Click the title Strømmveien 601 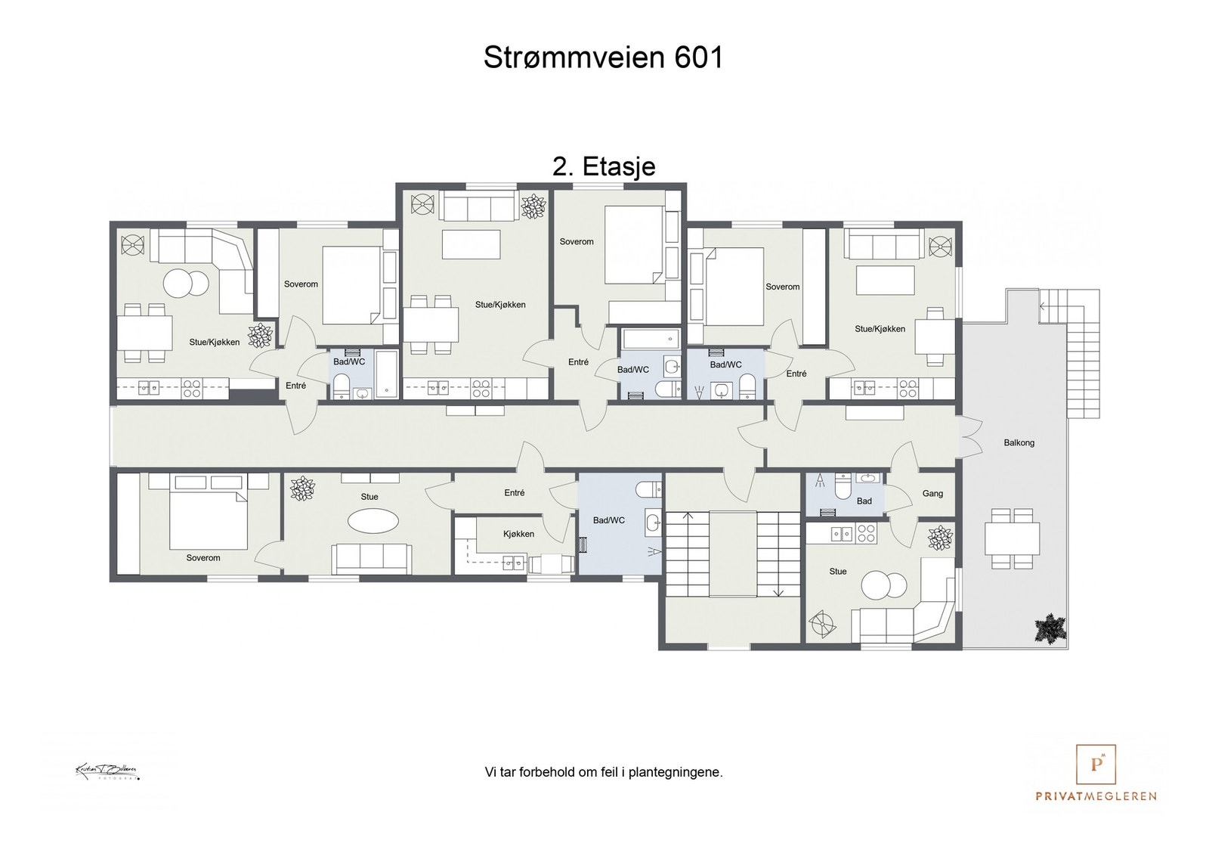tap(603, 57)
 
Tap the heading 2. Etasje tap(604, 166)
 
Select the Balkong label tap(1019, 442)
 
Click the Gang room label tap(932, 494)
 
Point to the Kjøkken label tap(518, 534)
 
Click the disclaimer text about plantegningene tap(603, 773)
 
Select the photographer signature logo tap(107, 771)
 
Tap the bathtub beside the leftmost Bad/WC tap(388, 374)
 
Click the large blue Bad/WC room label tap(608, 520)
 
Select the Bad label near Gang tap(864, 501)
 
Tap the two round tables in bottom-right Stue tap(884, 585)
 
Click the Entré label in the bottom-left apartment tap(514, 493)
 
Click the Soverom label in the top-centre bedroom tap(577, 242)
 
